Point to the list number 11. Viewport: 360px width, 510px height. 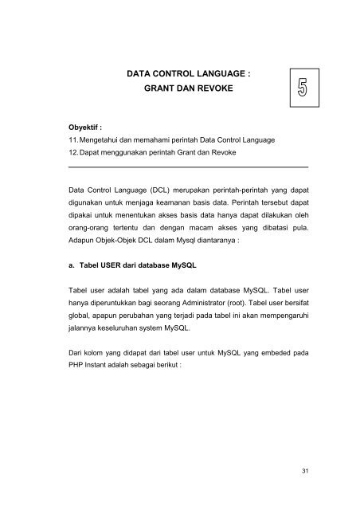pos(74,139)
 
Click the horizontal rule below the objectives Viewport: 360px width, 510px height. pos(189,167)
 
